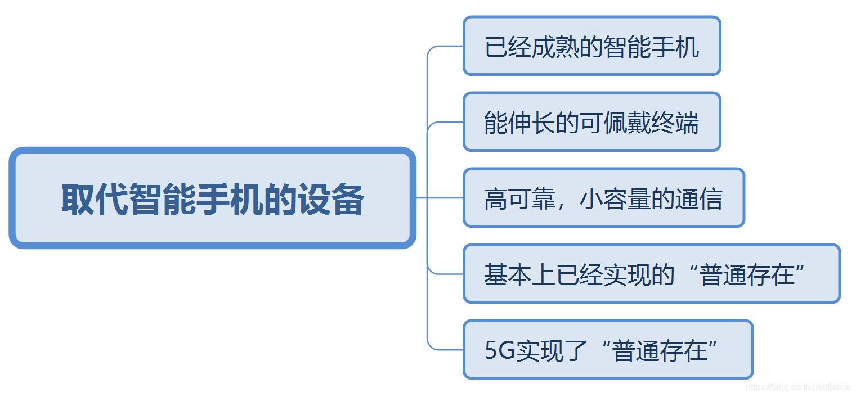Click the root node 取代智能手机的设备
click(x=212, y=198)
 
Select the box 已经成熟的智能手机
click(x=591, y=46)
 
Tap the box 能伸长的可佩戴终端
click(x=591, y=122)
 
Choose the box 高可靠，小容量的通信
click(x=603, y=198)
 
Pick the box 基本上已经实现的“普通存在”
click(x=651, y=274)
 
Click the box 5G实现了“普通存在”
click(x=607, y=350)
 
